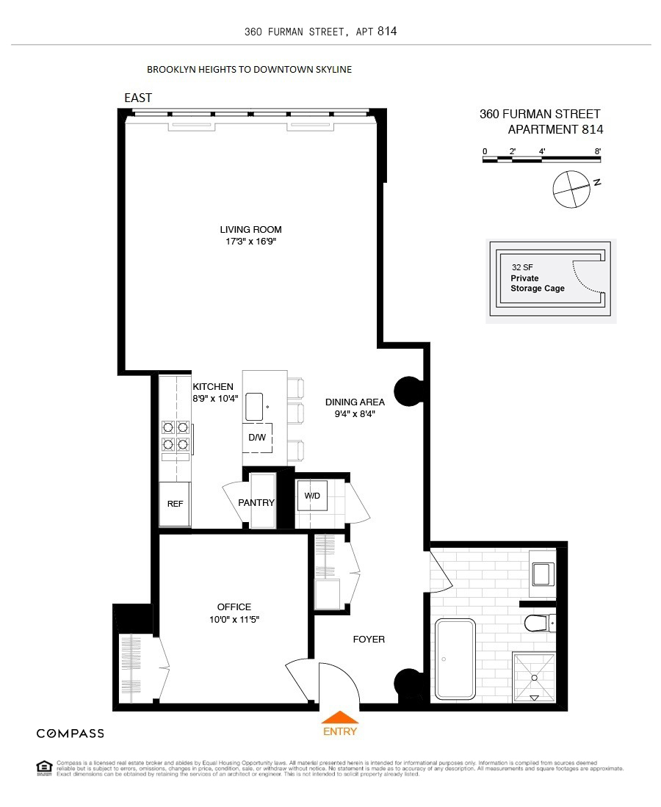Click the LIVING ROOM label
coord(250,229)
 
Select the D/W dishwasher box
coord(257,438)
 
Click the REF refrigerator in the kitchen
coord(175,504)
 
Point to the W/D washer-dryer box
coord(312,496)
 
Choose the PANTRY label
coord(256,503)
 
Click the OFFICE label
coord(234,607)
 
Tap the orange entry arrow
coord(339,717)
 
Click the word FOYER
coord(368,640)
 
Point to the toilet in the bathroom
coord(540,623)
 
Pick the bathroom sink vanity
coord(543,572)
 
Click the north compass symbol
coord(571,188)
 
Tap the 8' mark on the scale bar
coord(599,151)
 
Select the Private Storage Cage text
coord(538,283)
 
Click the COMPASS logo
coord(71,733)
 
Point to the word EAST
coord(138,98)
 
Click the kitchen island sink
coord(255,406)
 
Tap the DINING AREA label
coord(355,402)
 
